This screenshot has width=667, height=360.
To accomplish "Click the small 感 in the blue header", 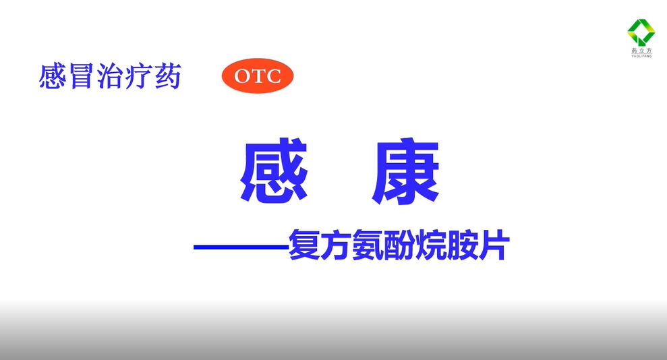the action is (x=53, y=76).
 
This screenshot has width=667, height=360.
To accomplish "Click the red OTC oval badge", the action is (x=258, y=76).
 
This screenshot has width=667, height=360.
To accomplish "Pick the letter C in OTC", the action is (x=272, y=76).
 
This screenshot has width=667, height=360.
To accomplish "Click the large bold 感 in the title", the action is (x=274, y=171).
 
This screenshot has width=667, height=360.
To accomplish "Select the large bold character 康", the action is (x=405, y=171).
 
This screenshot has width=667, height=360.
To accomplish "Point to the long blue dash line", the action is (x=241, y=247).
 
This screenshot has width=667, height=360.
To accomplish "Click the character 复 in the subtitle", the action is (x=304, y=245).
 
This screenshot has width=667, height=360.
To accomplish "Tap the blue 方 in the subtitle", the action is (x=336, y=245).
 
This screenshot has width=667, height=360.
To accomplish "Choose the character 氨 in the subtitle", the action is (x=368, y=245).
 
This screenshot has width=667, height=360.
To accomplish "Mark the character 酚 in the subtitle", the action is (x=399, y=245).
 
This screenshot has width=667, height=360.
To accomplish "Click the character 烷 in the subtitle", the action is (x=430, y=245).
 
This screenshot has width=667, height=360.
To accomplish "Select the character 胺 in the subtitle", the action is (x=462, y=245).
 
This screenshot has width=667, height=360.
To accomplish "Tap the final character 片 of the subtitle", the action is (x=494, y=245).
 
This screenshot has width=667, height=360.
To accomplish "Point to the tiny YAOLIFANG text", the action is (x=641, y=56).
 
